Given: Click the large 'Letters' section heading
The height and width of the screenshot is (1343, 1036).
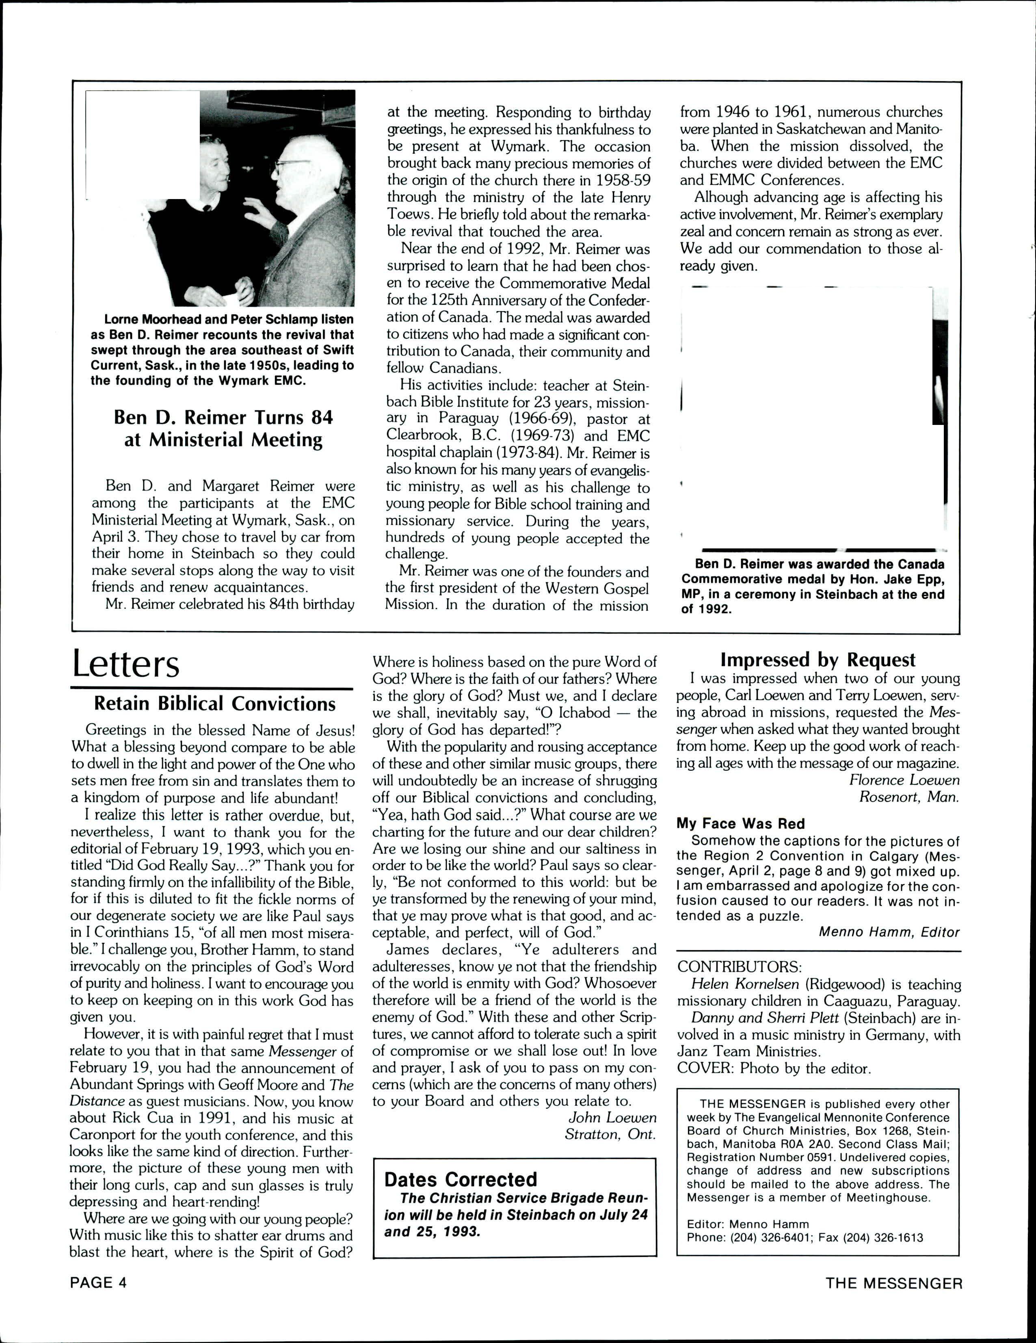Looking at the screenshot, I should [125, 664].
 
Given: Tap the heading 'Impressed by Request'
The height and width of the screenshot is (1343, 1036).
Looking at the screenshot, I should [818, 660].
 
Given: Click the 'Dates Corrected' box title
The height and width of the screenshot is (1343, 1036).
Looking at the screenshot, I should [461, 1179].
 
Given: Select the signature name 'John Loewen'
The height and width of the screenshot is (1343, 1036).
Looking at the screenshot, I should [612, 1117].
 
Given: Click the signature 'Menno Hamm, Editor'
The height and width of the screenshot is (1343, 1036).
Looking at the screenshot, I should [889, 932].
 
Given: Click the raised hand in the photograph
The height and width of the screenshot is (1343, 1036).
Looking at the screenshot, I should [262, 214].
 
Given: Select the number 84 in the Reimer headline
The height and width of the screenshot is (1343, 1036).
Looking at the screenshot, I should [321, 418].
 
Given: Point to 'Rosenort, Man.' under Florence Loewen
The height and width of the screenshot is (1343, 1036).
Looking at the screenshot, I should [909, 797].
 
